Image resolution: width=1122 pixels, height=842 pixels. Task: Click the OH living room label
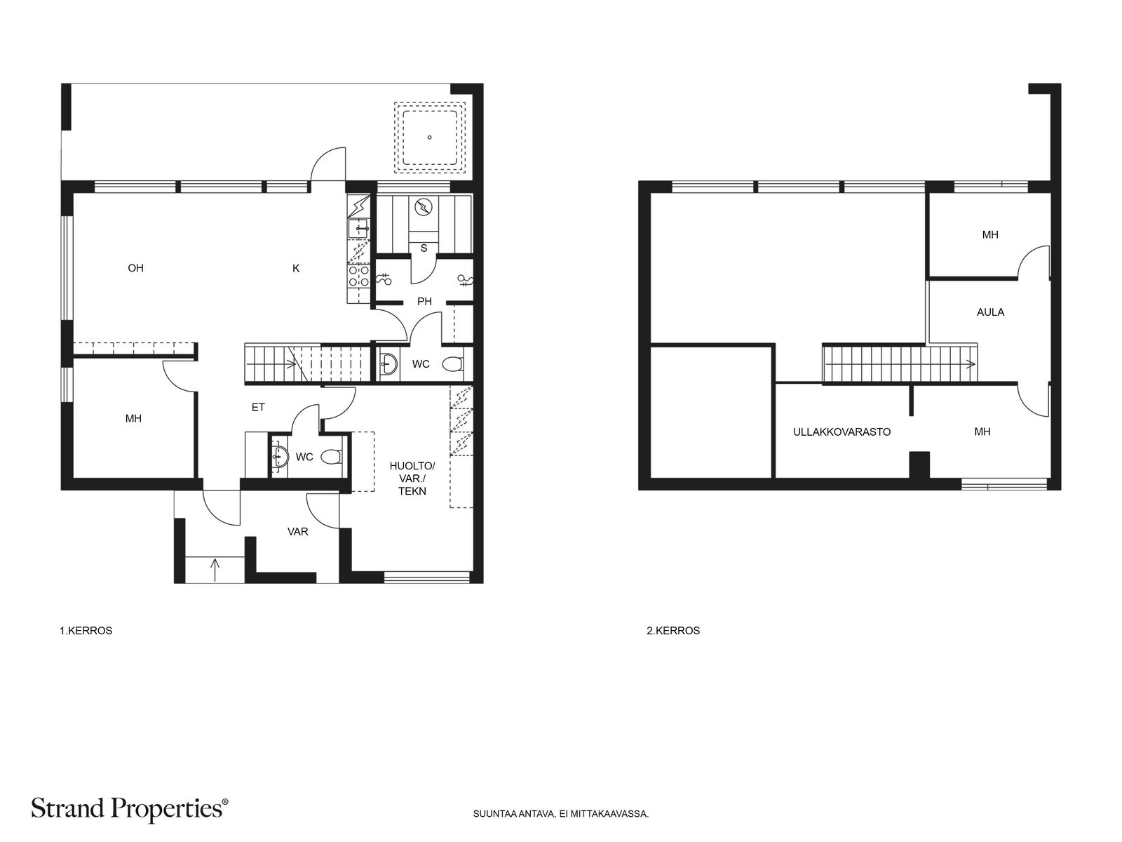135,268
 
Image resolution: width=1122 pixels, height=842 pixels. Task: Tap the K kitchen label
296,268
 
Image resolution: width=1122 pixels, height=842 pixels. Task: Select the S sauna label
424,248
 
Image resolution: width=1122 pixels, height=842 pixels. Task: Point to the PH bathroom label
424,301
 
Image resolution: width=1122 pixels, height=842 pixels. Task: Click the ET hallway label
258,407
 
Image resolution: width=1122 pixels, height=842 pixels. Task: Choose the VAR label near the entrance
297,532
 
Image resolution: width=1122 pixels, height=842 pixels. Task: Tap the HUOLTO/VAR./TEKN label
412,479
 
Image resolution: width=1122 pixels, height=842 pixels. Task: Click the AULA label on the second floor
990,312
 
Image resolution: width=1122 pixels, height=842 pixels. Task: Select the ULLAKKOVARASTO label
842,432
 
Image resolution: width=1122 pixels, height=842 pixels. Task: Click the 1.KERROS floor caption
86,631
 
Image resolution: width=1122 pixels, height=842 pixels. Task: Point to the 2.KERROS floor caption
673,631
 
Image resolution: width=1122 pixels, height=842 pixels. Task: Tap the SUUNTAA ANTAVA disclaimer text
561,814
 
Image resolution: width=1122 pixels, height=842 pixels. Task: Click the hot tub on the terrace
429,137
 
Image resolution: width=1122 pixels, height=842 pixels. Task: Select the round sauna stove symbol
424,207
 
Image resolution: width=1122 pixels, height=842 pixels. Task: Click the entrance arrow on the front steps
215,570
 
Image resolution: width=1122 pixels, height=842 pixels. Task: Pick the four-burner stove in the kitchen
359,276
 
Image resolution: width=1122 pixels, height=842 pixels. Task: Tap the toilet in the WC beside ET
331,457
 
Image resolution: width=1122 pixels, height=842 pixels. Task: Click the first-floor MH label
133,419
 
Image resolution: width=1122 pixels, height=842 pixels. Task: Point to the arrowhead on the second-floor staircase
971,364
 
